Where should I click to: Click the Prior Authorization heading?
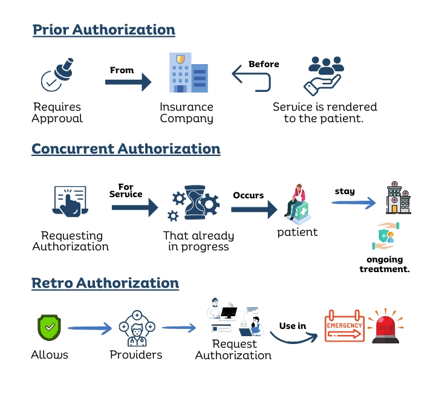[x=104, y=30]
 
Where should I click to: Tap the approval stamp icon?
[x=57, y=74]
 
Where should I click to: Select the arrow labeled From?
[x=128, y=82]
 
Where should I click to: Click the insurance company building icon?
[x=189, y=73]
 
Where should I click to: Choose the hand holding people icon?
[x=324, y=76]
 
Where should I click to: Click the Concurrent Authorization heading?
[x=126, y=149]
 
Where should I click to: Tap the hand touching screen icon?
[x=70, y=201]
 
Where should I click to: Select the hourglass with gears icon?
[x=194, y=203]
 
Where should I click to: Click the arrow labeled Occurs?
[x=254, y=210]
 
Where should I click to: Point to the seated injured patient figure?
[x=297, y=204]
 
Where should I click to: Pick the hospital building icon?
[x=398, y=198]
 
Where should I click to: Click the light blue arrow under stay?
[x=353, y=203]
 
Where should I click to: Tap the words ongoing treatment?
[x=385, y=264]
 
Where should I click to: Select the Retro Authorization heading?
[x=105, y=284]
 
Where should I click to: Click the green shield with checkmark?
[x=49, y=328]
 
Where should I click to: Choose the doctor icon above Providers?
[x=137, y=328]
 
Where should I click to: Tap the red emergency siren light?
[x=385, y=326]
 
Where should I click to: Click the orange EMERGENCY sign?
[x=345, y=326]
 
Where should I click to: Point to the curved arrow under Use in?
[x=293, y=340]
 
